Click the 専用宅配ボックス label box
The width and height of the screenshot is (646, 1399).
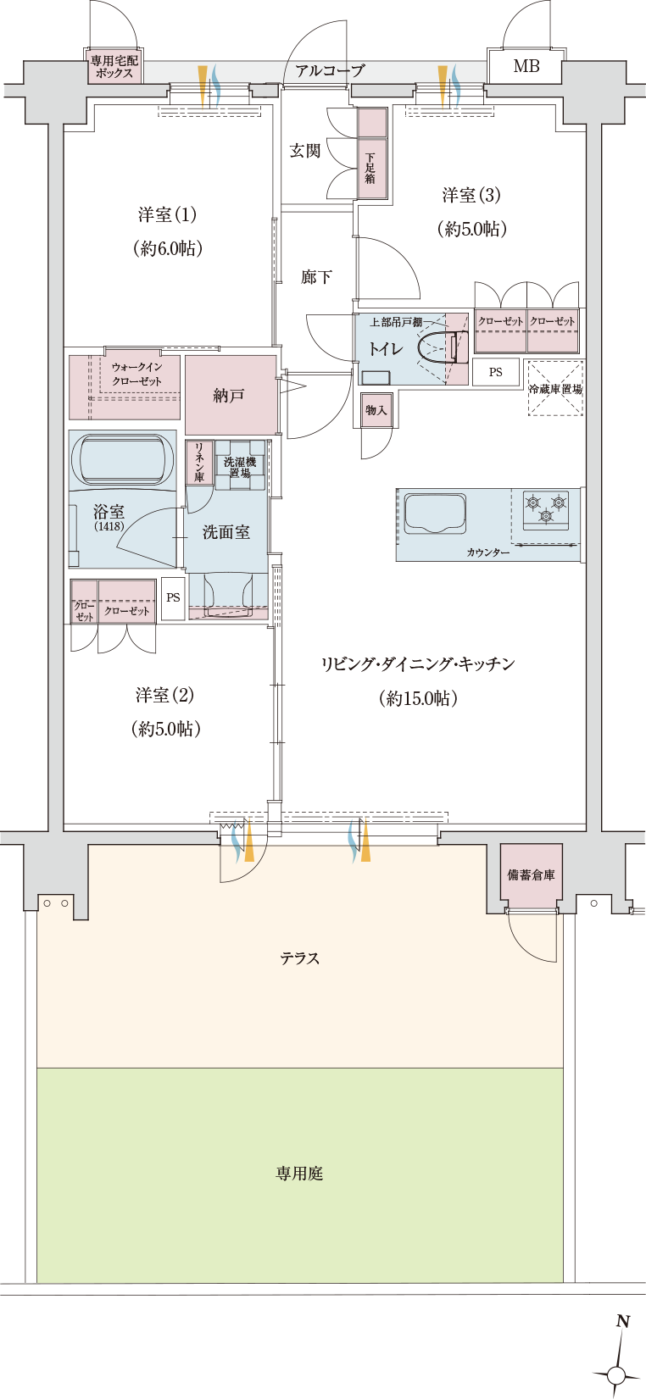pos(114,67)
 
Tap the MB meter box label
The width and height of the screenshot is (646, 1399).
pos(526,65)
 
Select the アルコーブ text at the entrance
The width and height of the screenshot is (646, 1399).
pos(330,71)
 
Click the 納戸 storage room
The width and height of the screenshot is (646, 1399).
pos(230,396)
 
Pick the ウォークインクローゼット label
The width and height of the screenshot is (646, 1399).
pos(136,374)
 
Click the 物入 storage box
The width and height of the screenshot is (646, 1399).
pos(376,410)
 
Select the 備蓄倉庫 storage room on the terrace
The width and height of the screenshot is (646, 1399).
pos(531,875)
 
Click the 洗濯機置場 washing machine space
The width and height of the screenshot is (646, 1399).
pos(240,467)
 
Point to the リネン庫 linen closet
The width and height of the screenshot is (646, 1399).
pos(199,462)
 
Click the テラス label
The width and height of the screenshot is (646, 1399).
pos(300,958)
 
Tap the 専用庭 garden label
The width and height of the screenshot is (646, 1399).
pos(299,1174)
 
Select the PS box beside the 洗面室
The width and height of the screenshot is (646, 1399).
pos(173,597)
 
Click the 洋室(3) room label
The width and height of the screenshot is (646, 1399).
pos(471,196)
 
